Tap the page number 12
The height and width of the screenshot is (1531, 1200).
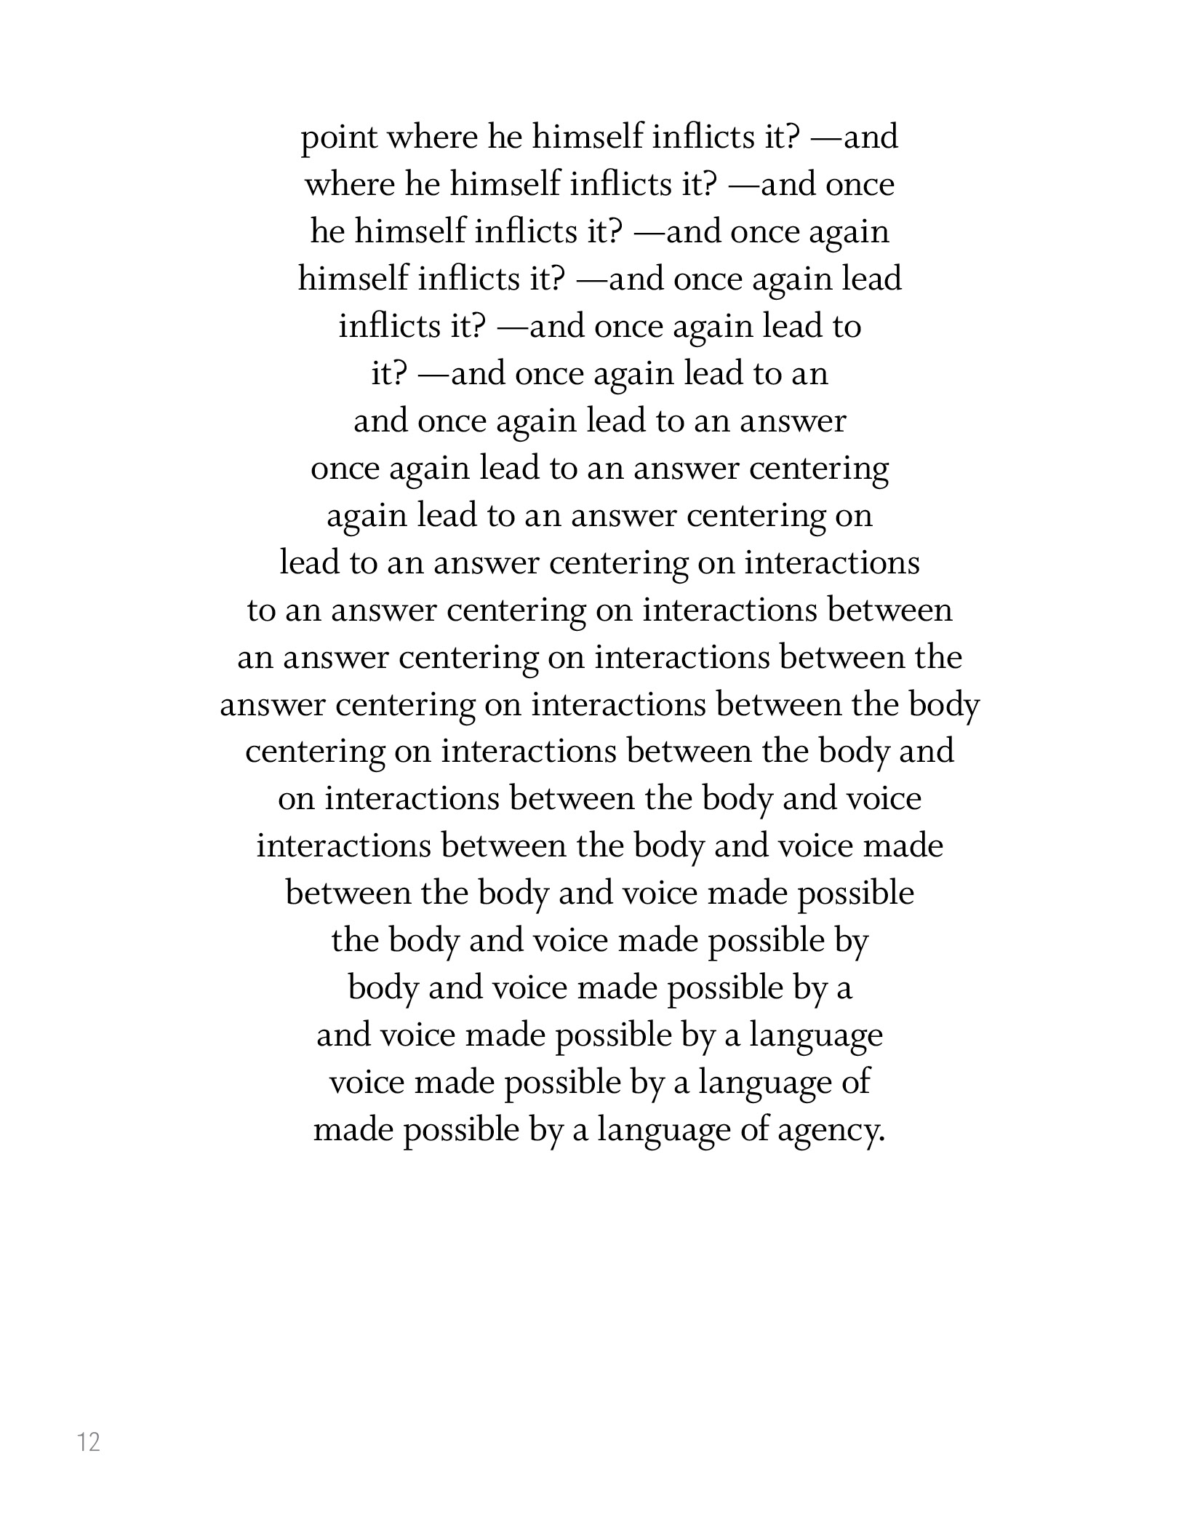89,1441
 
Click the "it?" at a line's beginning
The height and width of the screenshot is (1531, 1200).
388,375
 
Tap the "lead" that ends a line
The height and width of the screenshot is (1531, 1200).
871,280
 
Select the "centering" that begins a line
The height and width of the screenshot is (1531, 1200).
315,752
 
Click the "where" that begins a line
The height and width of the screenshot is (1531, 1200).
349,186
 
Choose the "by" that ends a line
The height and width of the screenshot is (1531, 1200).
852,942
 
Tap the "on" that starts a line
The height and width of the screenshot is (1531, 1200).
295,800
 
